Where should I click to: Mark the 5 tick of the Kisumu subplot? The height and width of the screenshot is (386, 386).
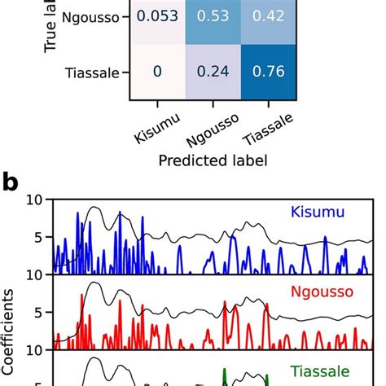pos(37,238)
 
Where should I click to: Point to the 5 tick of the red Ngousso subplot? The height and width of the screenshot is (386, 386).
pos(37,314)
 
